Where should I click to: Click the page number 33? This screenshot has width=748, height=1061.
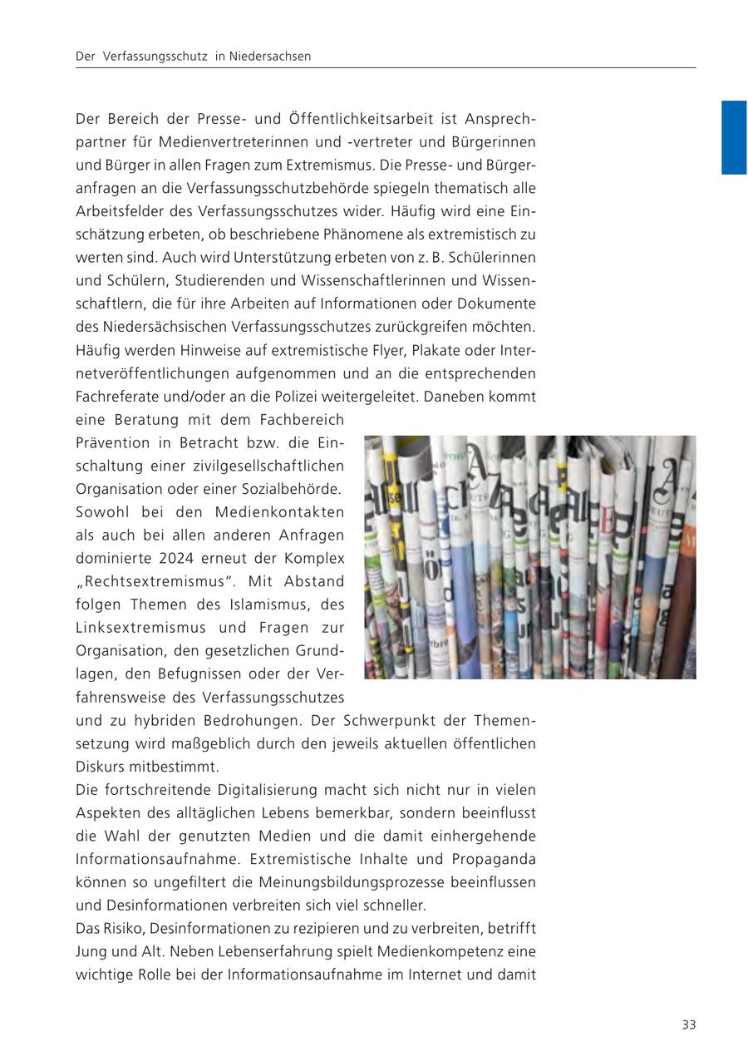point(688,1024)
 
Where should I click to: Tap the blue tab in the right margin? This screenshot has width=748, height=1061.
point(734,137)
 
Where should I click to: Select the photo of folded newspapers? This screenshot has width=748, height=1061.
point(529,557)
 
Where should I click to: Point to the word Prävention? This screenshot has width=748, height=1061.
point(113,443)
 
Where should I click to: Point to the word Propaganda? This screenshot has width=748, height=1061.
point(494,859)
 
